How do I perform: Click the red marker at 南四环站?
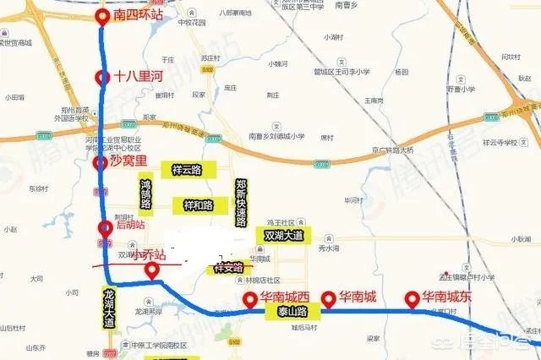tap(102, 17)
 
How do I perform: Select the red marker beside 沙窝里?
tap(101, 163)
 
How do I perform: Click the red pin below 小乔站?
tap(152, 271)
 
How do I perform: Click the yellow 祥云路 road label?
tap(187, 169)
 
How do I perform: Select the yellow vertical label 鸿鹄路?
tap(145, 198)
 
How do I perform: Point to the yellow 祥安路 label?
tap(228, 267)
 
